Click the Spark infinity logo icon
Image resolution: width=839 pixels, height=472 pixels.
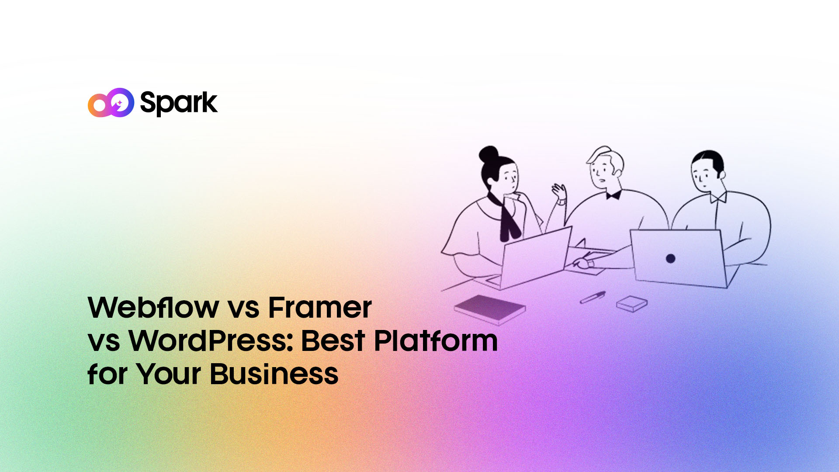(111, 103)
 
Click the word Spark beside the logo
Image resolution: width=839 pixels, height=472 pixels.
(178, 103)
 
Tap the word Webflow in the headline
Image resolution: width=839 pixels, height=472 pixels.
(153, 307)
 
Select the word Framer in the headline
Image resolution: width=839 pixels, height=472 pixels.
(319, 307)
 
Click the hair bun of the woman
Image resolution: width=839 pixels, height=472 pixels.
(489, 154)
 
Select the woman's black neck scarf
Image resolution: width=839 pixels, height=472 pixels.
(507, 216)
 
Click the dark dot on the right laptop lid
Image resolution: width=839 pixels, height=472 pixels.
(670, 258)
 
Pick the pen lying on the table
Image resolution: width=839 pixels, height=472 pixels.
(593, 297)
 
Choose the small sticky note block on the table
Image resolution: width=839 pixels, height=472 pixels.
(632, 303)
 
